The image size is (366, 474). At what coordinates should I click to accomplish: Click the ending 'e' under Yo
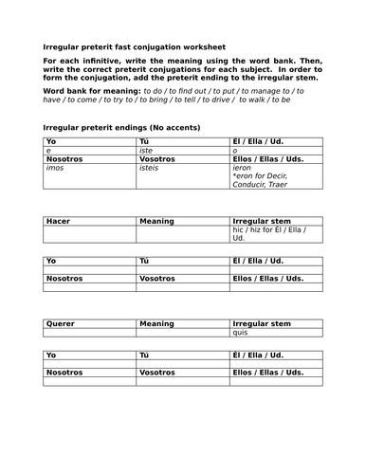[x=48, y=150]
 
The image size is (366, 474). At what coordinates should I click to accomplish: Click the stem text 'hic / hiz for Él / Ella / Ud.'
[x=275, y=233]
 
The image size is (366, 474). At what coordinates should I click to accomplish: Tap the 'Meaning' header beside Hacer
[x=156, y=221]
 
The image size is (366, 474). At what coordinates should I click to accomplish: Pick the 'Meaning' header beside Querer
[x=156, y=323]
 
